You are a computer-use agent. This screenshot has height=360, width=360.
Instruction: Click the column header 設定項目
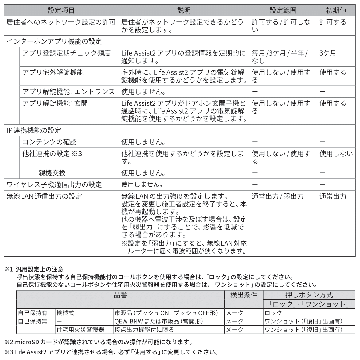[61, 10]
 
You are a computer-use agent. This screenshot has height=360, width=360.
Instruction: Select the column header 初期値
[336, 10]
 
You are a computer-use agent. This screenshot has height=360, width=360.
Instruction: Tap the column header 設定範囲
[283, 10]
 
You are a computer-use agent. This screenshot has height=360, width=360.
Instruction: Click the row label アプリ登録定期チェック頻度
[66, 53]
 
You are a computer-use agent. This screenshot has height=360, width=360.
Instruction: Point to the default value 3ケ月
[328, 53]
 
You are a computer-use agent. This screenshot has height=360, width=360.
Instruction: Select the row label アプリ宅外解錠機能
[53, 72]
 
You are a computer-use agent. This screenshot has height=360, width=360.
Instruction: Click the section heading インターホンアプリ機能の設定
[54, 41]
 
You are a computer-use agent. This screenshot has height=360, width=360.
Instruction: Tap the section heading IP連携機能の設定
[34, 130]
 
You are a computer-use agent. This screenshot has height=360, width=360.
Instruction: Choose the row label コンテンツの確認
[49, 142]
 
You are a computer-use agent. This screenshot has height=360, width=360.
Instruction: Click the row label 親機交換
[52, 173]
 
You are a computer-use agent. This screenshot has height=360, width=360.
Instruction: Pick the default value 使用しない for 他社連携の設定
[336, 153]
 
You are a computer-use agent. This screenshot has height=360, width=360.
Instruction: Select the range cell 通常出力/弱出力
[277, 196]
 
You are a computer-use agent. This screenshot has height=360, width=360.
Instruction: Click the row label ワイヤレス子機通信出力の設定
[54, 184]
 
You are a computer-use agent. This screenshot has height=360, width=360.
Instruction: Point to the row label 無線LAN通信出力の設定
[44, 196]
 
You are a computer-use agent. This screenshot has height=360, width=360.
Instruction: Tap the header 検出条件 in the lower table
[244, 295]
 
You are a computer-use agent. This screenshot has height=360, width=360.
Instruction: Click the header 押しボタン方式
[309, 295]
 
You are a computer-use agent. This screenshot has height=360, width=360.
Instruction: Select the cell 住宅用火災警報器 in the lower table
[80, 330]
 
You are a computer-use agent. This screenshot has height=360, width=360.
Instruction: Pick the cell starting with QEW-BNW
[158, 322]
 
